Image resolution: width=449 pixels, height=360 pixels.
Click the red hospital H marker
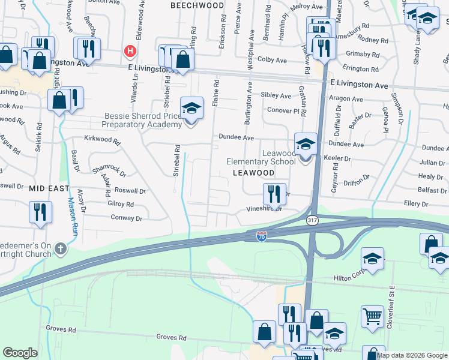pos(129,52)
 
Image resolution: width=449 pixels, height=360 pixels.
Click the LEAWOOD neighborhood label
pos(253,173)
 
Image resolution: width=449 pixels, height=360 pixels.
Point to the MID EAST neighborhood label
pos(49,188)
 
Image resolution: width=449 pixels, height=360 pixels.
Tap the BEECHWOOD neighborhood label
pos(197,5)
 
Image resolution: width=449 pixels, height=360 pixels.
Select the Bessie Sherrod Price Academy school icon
pos(191,109)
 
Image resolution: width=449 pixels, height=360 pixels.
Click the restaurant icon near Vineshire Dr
pos(273,193)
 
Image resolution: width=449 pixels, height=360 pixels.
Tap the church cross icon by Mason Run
pos(60,248)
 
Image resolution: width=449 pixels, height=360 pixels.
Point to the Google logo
pos(20,353)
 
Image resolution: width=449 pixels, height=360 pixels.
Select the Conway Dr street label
pos(126,218)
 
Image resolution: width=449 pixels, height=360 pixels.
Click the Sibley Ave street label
pos(276,95)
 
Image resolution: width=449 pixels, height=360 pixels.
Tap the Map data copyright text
pos(412,355)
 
